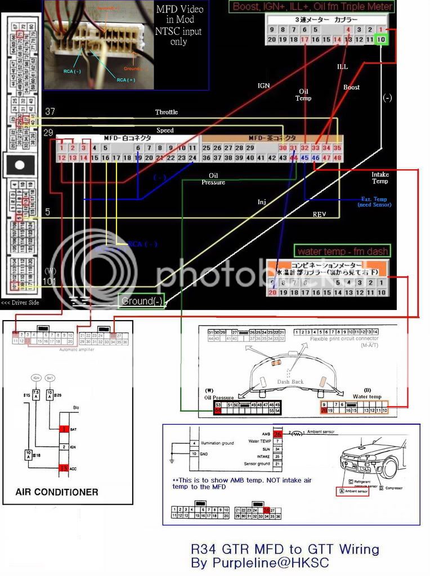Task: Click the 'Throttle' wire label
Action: pos(166,112)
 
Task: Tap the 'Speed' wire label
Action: pos(165,130)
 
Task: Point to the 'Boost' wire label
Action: pos(351,87)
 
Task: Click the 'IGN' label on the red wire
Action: pos(263,85)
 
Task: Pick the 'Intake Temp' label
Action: pos(380,178)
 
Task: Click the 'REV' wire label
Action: pos(320,214)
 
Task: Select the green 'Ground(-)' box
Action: pos(141,301)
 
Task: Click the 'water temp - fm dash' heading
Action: pos(342,251)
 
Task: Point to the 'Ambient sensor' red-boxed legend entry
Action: pos(352,492)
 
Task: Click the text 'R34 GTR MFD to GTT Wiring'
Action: pos(285,549)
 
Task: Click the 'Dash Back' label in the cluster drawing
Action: pos(290,381)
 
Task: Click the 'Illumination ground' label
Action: pos(220,443)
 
